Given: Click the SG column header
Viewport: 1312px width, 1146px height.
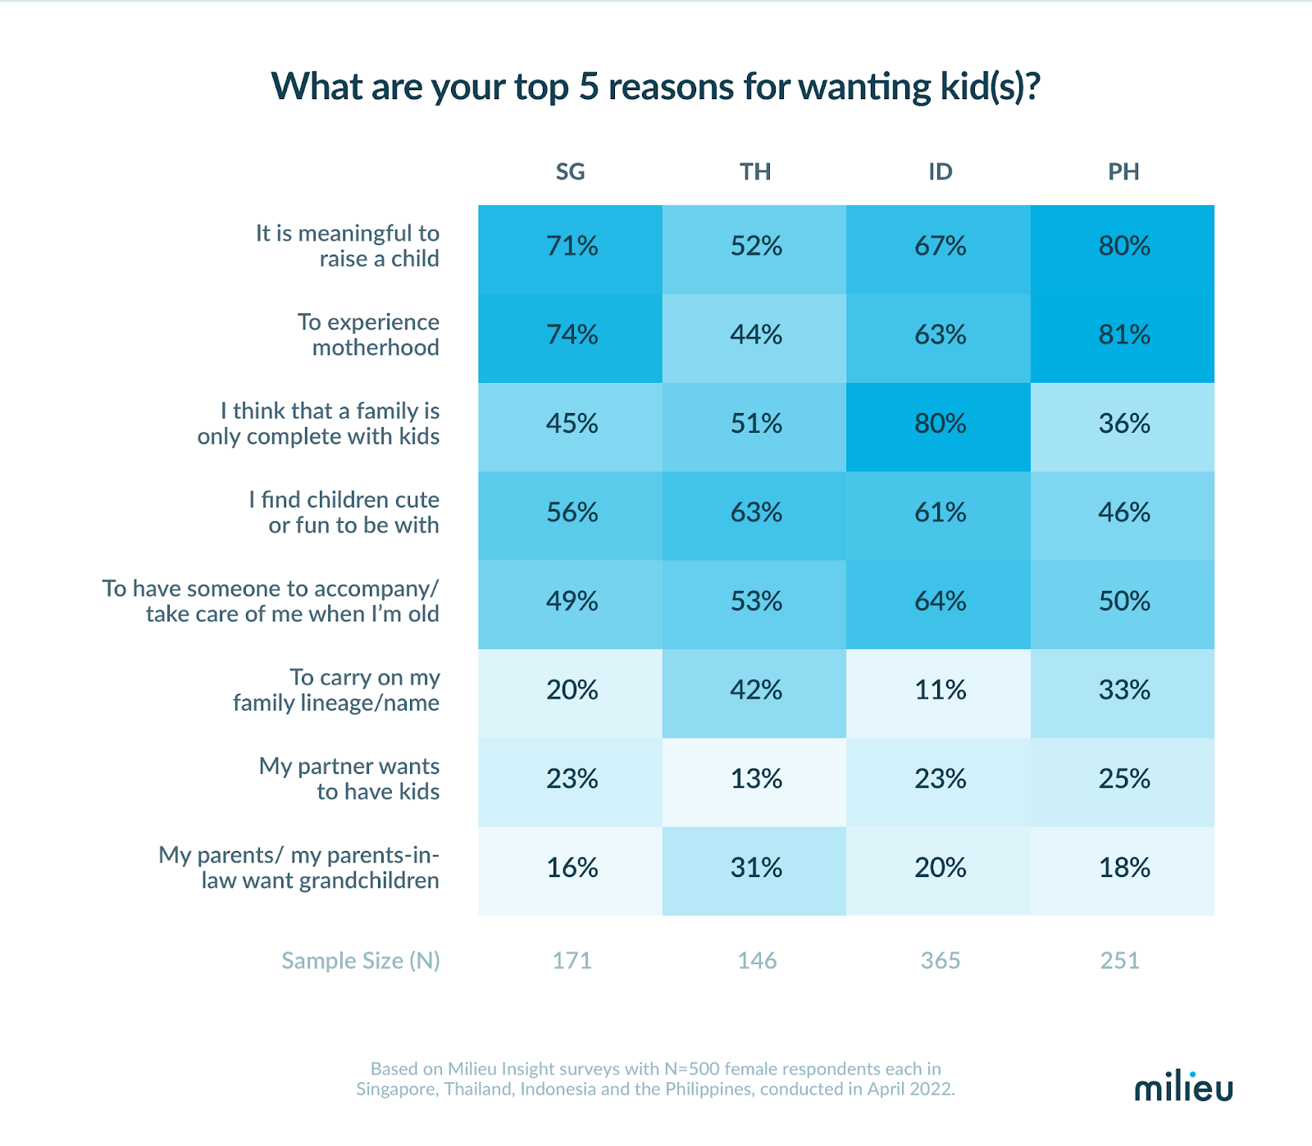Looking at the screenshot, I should tap(570, 171).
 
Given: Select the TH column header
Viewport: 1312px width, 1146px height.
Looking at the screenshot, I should tap(755, 171).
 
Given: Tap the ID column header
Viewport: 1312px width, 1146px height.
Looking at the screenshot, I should tap(940, 171).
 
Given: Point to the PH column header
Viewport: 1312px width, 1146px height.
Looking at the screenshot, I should tap(1123, 171).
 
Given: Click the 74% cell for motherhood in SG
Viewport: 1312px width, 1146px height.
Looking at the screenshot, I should tap(572, 335).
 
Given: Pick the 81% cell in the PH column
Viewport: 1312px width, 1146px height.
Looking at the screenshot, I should tap(1124, 335).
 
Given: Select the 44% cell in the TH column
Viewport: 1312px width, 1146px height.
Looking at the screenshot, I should tap(756, 335).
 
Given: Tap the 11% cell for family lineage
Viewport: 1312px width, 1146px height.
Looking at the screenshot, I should tap(940, 690).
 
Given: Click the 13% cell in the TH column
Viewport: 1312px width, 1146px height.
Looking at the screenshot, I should tap(756, 779).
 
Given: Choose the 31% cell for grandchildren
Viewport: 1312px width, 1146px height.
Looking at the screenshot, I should tap(756, 868).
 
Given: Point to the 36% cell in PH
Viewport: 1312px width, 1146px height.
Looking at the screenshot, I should tap(1124, 424).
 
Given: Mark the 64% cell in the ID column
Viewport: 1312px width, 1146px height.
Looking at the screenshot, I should tap(940, 602).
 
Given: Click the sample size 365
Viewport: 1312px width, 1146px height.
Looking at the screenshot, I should tap(940, 960).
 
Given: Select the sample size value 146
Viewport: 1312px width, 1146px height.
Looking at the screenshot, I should tap(756, 960).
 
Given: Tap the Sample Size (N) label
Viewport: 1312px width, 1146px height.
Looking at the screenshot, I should tap(360, 960).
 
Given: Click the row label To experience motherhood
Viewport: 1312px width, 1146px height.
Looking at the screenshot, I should tap(368, 334).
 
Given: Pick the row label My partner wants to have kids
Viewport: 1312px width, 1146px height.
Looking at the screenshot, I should tap(350, 779).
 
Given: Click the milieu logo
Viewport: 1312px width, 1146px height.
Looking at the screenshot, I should tap(1183, 1087).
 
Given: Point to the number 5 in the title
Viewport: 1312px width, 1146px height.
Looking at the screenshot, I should tap(588, 87).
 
